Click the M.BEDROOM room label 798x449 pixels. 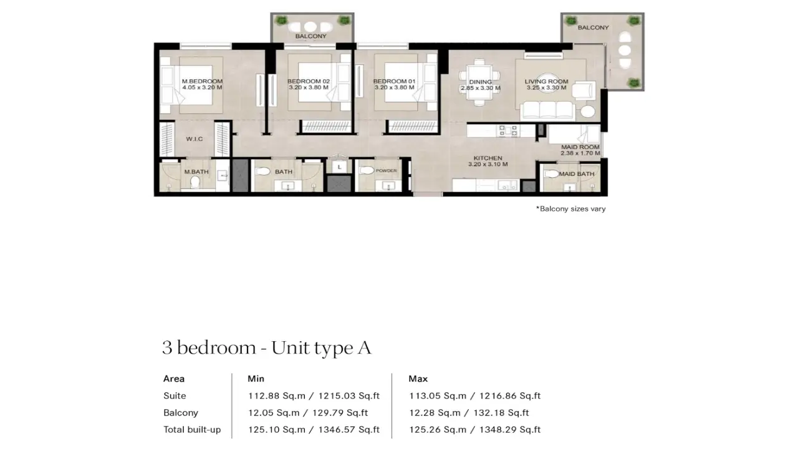coord(202,81)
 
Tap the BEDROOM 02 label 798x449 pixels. coord(308,81)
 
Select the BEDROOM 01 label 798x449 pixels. coord(394,81)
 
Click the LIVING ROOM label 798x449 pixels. coord(546,81)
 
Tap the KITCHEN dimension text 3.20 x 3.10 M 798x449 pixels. coord(488,165)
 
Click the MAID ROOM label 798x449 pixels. coord(580,147)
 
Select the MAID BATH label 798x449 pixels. coord(576,174)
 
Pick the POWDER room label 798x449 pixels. coord(386,170)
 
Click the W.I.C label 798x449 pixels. coord(194,139)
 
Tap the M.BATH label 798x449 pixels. coord(192,171)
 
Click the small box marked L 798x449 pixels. coord(339,167)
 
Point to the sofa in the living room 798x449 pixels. coord(547,110)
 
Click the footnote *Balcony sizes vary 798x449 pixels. coord(570,209)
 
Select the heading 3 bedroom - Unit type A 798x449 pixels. coord(266,348)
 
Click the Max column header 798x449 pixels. coord(418,379)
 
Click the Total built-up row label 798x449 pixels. coord(192,430)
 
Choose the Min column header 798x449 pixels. coord(256,379)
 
